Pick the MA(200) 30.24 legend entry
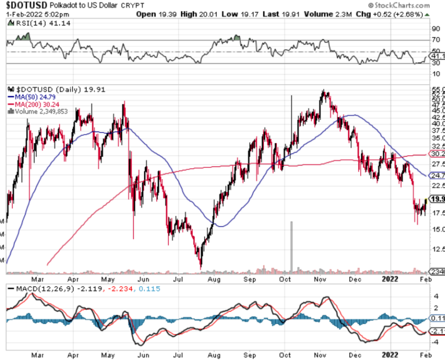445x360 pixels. [32, 104]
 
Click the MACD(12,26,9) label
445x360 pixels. [42, 288]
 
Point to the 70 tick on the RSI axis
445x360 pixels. [436, 40]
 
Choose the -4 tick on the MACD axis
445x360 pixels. [436, 342]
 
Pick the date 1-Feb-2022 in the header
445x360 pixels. [21, 14]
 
